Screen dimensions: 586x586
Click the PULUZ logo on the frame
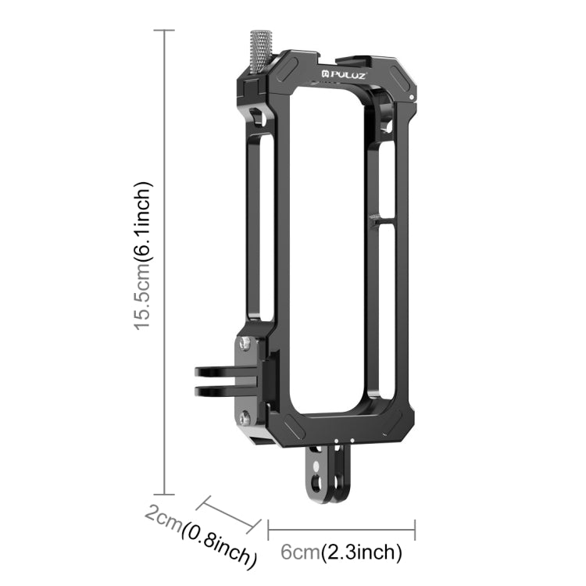tap(344, 75)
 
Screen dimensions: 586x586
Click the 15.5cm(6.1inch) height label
tap(143, 256)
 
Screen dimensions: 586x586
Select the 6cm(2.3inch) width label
tap(341, 552)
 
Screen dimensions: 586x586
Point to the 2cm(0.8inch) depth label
tap(201, 535)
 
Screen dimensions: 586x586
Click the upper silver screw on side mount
tap(245, 343)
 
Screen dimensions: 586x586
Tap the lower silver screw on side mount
tap(245, 417)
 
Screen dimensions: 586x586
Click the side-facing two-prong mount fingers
tap(226, 381)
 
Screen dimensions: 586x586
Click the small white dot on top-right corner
tap(412, 97)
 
